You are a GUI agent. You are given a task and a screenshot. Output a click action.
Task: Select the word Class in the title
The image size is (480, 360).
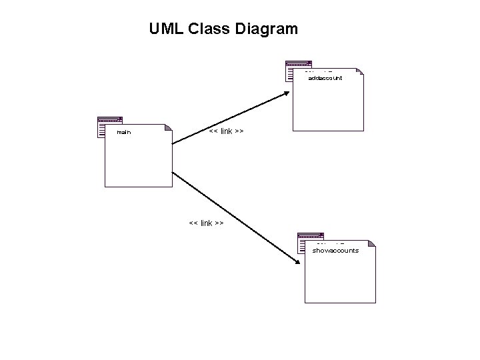pos(207,29)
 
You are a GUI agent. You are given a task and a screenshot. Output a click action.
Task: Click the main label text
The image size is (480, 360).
pos(124,133)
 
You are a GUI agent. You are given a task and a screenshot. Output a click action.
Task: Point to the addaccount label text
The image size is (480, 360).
pos(325,78)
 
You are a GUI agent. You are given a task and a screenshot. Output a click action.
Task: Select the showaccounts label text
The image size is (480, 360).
pos(336,251)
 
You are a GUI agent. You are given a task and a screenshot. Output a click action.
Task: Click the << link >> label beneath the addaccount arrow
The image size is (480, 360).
pos(226,131)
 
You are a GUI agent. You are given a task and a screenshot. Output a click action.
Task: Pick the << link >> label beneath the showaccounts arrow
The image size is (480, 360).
pos(206,223)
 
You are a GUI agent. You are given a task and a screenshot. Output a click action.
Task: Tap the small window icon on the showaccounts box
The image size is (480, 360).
pos(310,241)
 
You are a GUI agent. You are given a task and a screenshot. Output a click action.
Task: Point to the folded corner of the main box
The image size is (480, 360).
pos(168,127)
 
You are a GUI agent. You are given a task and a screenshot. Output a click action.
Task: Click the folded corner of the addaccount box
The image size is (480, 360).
pos(360,72)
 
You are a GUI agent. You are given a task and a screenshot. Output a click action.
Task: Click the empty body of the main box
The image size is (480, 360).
pos(138,163)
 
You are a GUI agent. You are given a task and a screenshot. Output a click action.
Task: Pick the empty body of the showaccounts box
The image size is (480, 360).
pos(340,280)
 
